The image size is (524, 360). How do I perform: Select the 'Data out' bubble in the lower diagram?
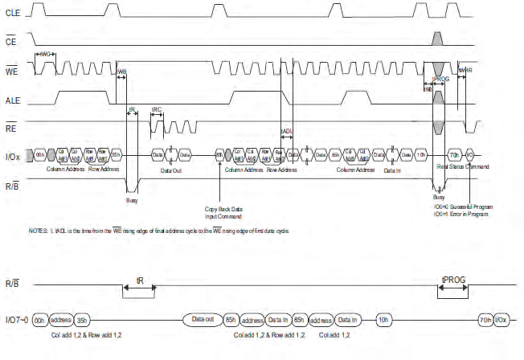202,318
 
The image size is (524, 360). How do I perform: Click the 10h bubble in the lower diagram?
384,318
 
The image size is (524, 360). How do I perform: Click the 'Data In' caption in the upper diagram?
391,170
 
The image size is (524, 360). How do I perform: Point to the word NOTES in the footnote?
38,231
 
